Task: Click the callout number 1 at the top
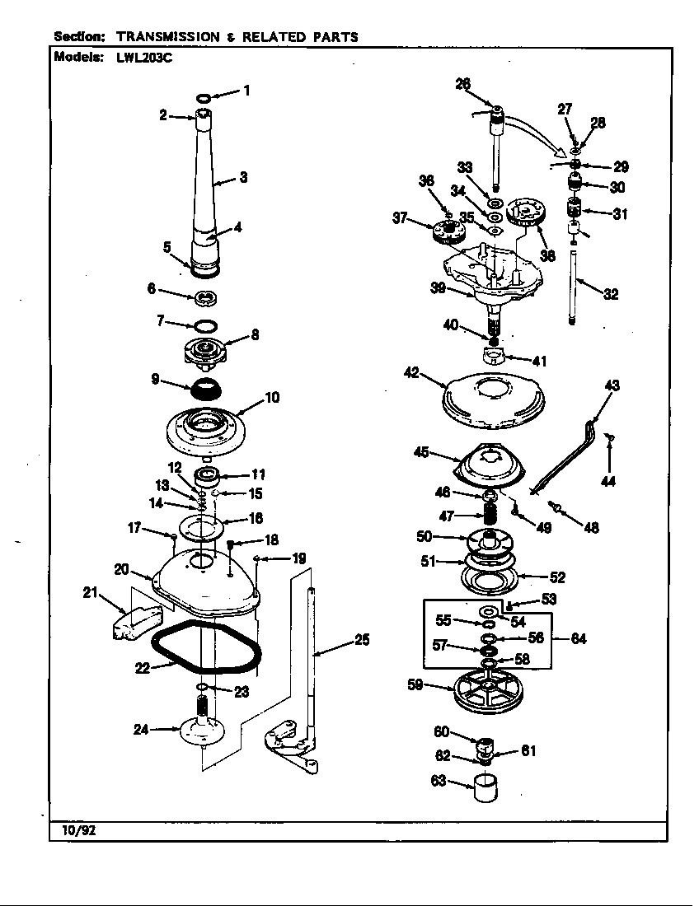pos(246,91)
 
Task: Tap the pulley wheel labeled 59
pos(490,688)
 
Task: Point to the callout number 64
pos(579,639)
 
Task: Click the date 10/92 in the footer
pos(78,829)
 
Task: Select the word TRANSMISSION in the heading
pos(167,36)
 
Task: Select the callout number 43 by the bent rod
pos(612,385)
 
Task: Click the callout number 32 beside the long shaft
pos(611,294)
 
